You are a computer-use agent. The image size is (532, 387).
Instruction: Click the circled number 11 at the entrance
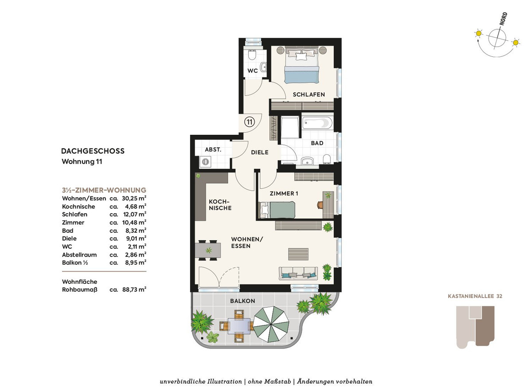(249, 122)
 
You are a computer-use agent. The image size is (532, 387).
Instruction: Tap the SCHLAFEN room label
(309, 94)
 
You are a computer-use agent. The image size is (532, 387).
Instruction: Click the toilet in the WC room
(251, 55)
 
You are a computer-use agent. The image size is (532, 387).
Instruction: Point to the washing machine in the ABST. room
(205, 162)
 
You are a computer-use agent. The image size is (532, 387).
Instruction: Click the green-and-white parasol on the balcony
(271, 324)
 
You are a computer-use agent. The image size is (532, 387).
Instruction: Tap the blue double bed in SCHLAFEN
(302, 65)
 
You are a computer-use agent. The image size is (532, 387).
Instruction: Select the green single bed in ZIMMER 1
(277, 210)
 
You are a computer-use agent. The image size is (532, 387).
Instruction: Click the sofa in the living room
(298, 274)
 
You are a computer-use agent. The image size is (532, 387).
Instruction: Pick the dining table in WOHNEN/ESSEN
(208, 250)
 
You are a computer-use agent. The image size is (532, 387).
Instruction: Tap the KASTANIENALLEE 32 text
(475, 296)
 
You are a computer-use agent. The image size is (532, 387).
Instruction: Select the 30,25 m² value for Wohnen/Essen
(134, 198)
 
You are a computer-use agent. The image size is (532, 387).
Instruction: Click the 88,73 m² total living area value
(134, 289)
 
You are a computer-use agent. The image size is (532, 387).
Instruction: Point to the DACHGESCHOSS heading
(93, 151)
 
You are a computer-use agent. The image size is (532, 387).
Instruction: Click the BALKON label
(243, 301)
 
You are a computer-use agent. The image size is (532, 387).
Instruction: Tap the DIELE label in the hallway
(260, 152)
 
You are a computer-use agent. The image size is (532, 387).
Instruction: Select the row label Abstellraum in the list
(79, 255)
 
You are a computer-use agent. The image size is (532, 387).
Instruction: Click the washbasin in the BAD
(308, 161)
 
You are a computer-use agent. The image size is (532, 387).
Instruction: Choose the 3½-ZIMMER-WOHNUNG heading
(104, 190)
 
